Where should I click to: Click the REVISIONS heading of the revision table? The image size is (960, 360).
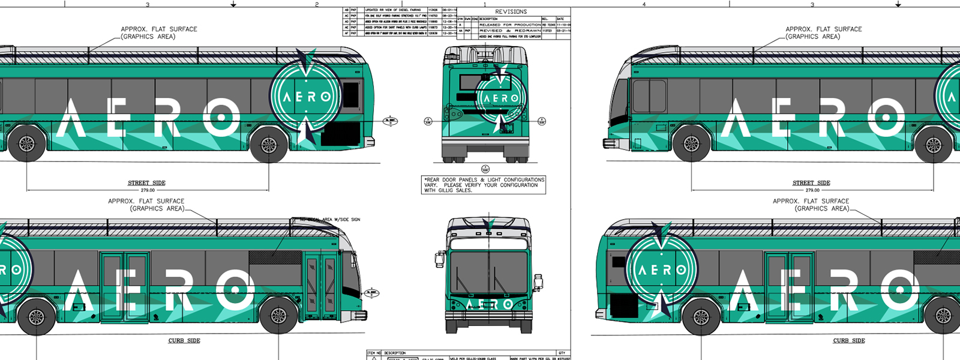pyautogui.click(x=511, y=11)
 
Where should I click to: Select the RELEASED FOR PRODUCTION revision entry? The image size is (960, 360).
pyautogui.click(x=509, y=25)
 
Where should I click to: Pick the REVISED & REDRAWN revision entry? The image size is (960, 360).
pyautogui.click(x=509, y=31)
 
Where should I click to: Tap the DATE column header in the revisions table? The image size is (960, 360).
pyautogui.click(x=560, y=19)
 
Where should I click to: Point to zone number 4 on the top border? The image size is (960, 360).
pyautogui.click(x=644, y=4)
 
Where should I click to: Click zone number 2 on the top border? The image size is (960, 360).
pyautogui.click(x=317, y=4)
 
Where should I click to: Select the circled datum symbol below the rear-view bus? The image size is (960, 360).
pyautogui.click(x=485, y=169)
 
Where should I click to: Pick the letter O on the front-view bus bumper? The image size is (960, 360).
pyautogui.click(x=508, y=304)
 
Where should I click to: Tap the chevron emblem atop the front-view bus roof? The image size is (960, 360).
pyautogui.click(x=489, y=224)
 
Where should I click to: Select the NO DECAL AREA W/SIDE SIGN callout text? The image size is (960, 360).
pyautogui.click(x=330, y=220)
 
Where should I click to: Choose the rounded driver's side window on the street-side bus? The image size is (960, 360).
pyautogui.click(x=649, y=96)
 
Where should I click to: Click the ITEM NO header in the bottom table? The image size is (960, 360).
pyautogui.click(x=374, y=353)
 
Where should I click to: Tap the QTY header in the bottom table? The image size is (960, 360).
pyautogui.click(x=562, y=353)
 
